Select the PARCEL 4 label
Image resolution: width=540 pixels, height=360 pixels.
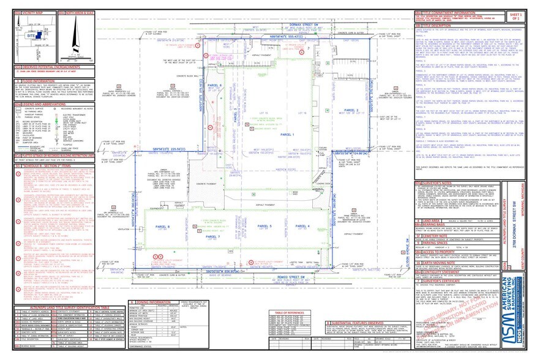tap(304, 226)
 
